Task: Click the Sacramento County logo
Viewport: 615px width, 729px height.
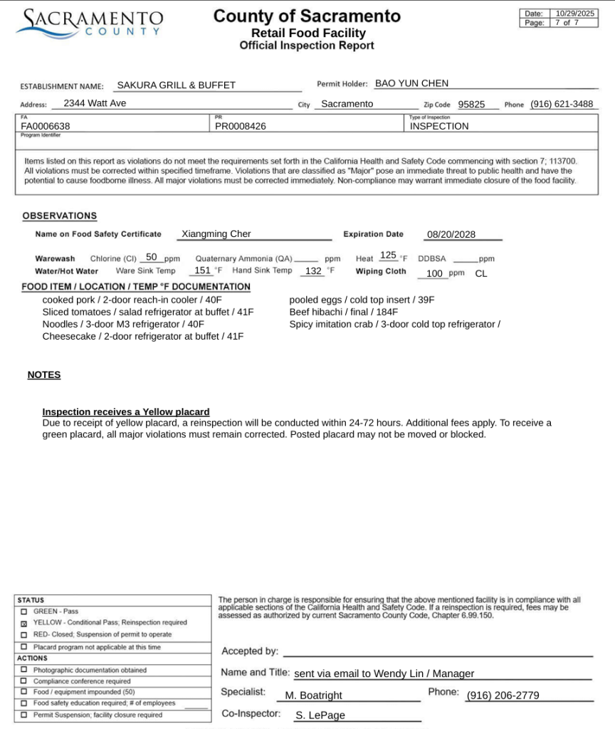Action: click(x=90, y=23)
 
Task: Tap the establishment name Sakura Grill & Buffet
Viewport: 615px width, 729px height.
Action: click(x=176, y=85)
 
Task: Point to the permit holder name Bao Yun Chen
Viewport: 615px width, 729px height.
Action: click(x=411, y=83)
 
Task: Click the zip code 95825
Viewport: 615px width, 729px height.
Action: click(x=471, y=105)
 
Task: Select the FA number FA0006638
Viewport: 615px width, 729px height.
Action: click(x=46, y=126)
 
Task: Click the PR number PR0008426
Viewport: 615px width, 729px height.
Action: click(x=241, y=126)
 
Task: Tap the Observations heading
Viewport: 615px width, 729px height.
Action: click(x=60, y=216)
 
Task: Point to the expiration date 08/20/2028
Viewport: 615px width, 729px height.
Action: click(x=451, y=234)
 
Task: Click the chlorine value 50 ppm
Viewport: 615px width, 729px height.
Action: click(x=152, y=257)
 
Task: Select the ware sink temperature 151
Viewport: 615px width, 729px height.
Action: click(x=202, y=271)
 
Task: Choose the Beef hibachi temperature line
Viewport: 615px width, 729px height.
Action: click(x=343, y=312)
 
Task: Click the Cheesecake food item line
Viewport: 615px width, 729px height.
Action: click(x=142, y=336)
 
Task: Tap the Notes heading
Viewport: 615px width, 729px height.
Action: click(x=44, y=375)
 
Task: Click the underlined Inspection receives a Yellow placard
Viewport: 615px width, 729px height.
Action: click(x=126, y=412)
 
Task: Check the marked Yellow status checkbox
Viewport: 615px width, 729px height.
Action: click(x=24, y=623)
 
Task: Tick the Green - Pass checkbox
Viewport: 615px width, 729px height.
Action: click(x=24, y=612)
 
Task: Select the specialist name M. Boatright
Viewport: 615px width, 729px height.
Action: click(x=313, y=696)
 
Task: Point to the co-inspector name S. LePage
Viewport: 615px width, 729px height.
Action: click(x=320, y=715)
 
